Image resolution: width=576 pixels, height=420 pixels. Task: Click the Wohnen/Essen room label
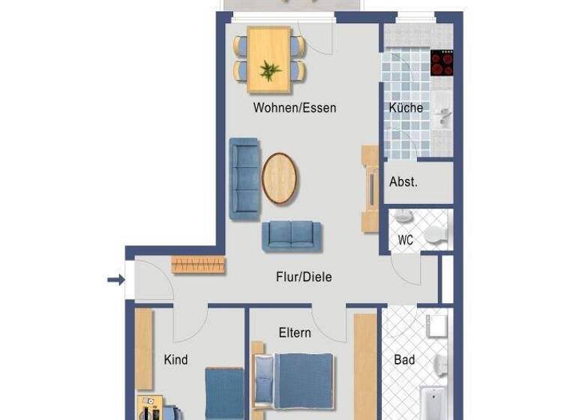[294, 108]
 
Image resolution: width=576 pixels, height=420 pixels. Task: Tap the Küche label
[406, 108]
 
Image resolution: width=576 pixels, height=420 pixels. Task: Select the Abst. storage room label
[403, 182]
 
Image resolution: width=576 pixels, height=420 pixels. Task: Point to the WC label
[405, 241]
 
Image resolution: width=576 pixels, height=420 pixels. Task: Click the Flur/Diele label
[303, 277]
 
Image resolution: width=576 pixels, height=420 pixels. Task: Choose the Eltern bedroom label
[294, 332]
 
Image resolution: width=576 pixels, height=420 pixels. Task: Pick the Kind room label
[175, 360]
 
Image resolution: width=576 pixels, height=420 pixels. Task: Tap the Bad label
[404, 360]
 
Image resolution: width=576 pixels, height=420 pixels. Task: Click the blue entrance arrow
[115, 280]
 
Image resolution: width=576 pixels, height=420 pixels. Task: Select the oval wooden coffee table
[279, 178]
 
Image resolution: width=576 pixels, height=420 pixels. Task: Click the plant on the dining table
[269, 71]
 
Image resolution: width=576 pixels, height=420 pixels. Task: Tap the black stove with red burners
[442, 63]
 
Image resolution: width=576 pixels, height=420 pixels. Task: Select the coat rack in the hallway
[198, 264]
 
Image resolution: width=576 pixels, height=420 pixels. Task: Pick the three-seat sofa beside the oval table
[244, 178]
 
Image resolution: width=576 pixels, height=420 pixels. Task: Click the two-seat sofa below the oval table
[291, 236]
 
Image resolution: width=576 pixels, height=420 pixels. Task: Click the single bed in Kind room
[224, 394]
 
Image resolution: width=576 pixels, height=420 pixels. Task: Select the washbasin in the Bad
[436, 327]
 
